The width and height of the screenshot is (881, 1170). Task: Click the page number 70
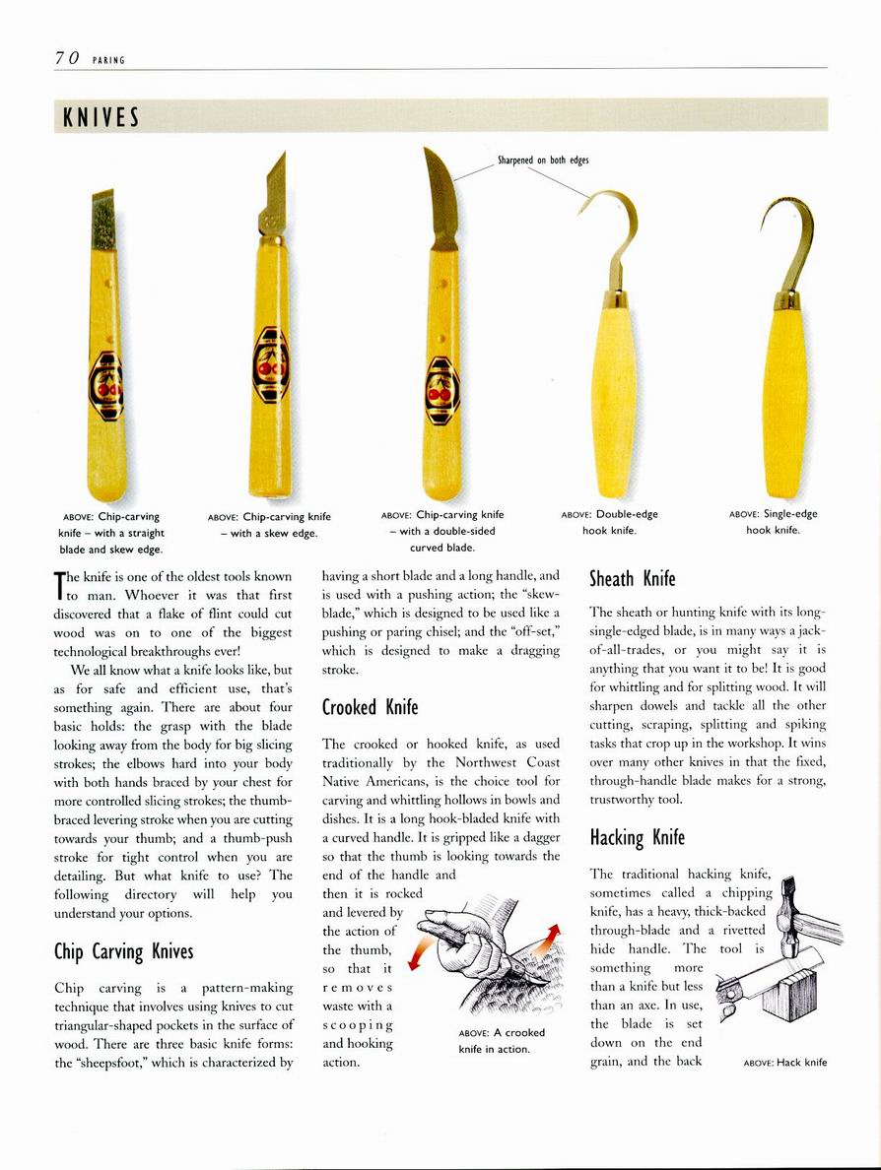(67, 58)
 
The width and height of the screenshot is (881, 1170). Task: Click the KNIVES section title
(100, 117)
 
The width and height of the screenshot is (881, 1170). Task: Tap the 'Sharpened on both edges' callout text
(543, 160)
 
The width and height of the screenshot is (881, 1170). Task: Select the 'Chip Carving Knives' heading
(123, 951)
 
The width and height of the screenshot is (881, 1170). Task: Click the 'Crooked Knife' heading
(370, 706)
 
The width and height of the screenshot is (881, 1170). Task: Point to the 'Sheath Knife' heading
(632, 577)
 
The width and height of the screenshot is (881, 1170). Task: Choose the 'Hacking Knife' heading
(637, 837)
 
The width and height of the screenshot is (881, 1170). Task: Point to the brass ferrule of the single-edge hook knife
(785, 300)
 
